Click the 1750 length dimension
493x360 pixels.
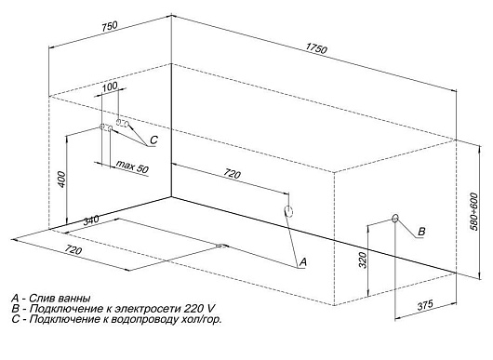[x=316, y=48]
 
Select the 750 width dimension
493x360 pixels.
[x=109, y=26]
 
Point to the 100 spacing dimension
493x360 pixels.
[x=110, y=87]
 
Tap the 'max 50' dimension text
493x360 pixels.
[x=132, y=167]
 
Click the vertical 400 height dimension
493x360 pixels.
[x=62, y=180]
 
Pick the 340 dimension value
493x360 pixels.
[x=91, y=220]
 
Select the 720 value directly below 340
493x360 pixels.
[x=73, y=250]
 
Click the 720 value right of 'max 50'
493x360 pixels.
[x=232, y=173]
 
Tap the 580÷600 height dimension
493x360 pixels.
[x=474, y=211]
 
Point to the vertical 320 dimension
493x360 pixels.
[x=363, y=260]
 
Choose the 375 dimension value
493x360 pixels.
[x=425, y=305]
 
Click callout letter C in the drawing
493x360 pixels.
[x=153, y=140]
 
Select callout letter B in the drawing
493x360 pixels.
[x=421, y=232]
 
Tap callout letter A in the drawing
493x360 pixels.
[x=302, y=262]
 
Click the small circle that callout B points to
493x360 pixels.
[x=395, y=218]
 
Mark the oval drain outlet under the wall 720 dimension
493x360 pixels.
[x=288, y=211]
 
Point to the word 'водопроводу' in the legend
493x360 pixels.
[x=141, y=320]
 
